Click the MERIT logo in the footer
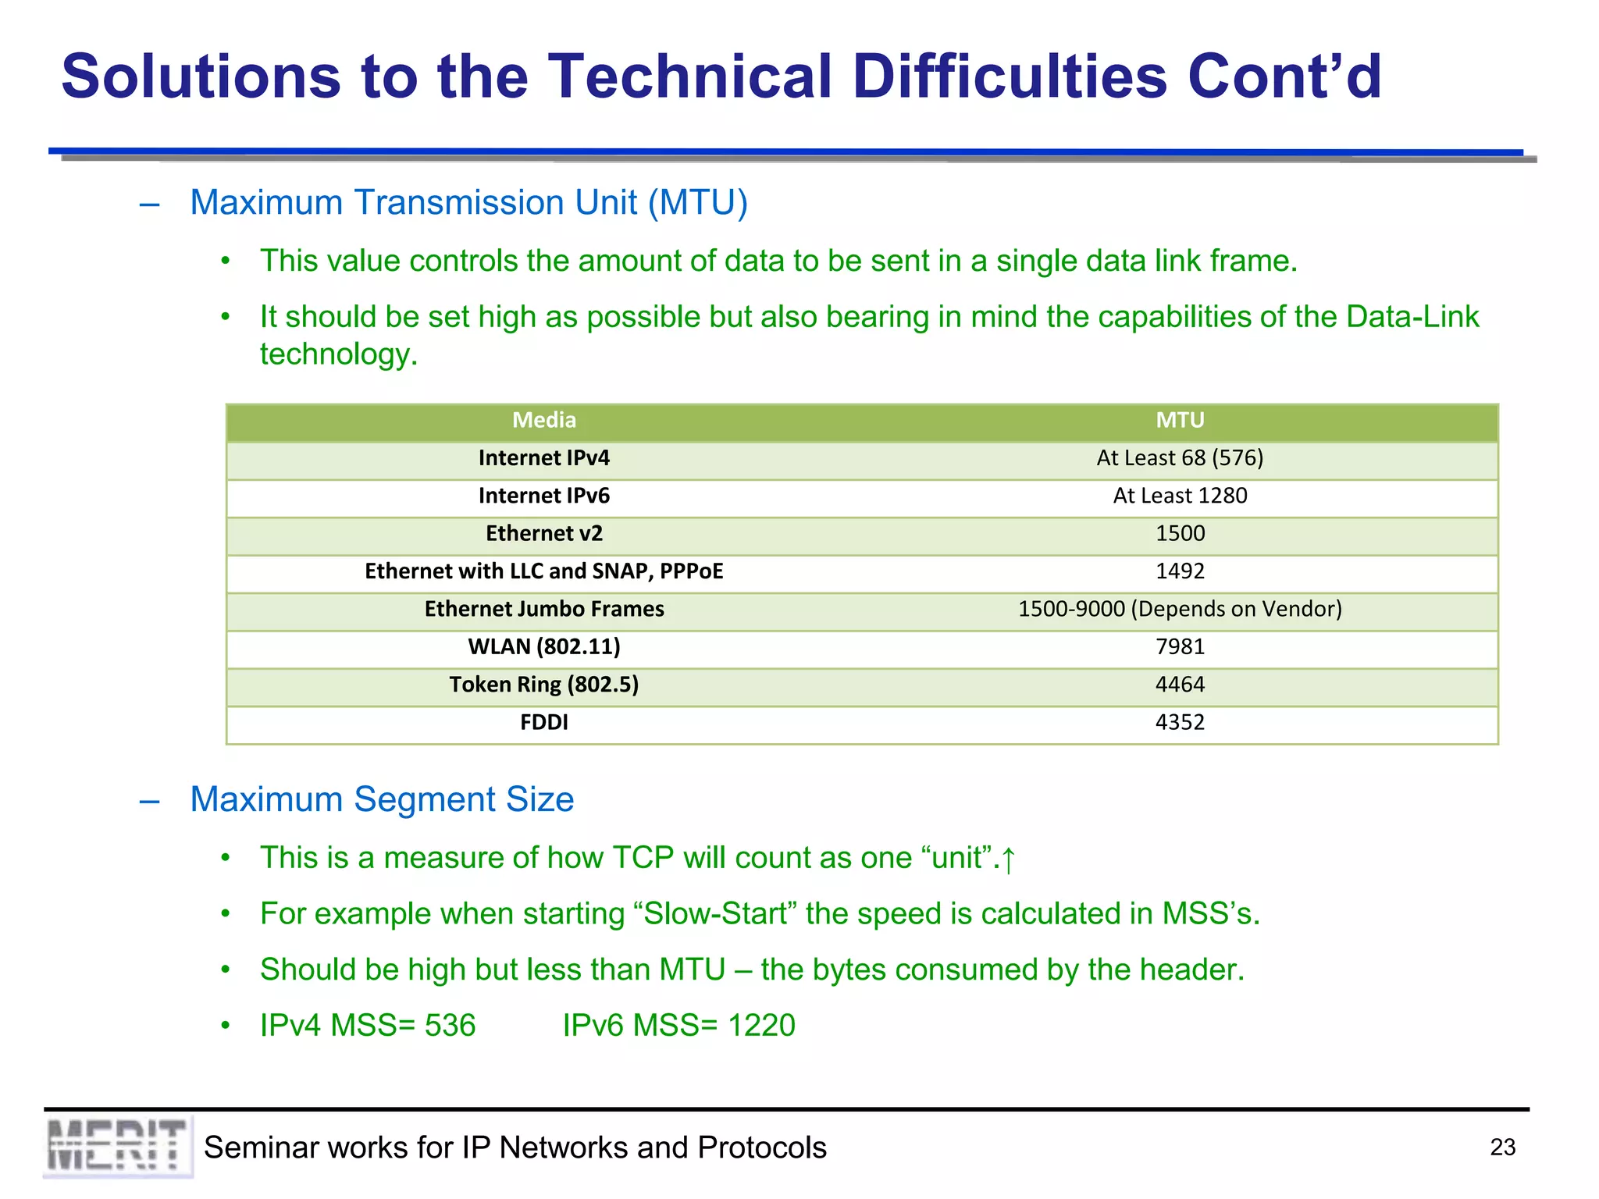click(x=117, y=1146)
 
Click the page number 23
click(x=1502, y=1147)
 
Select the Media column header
click(x=544, y=420)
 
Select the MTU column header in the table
click(x=1180, y=420)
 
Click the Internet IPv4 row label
click(x=544, y=458)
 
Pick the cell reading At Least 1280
click(x=1180, y=496)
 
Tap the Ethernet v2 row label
click(x=544, y=533)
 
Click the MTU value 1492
click(x=1180, y=571)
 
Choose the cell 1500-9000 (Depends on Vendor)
click(x=1180, y=609)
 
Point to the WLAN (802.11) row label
click(x=544, y=646)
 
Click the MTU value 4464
click(x=1180, y=685)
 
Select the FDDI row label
click(x=544, y=722)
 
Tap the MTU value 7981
click(x=1180, y=646)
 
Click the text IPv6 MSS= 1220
click(x=678, y=1025)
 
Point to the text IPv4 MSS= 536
click(x=368, y=1025)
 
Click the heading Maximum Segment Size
click(x=382, y=799)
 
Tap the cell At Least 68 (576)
click(x=1180, y=458)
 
